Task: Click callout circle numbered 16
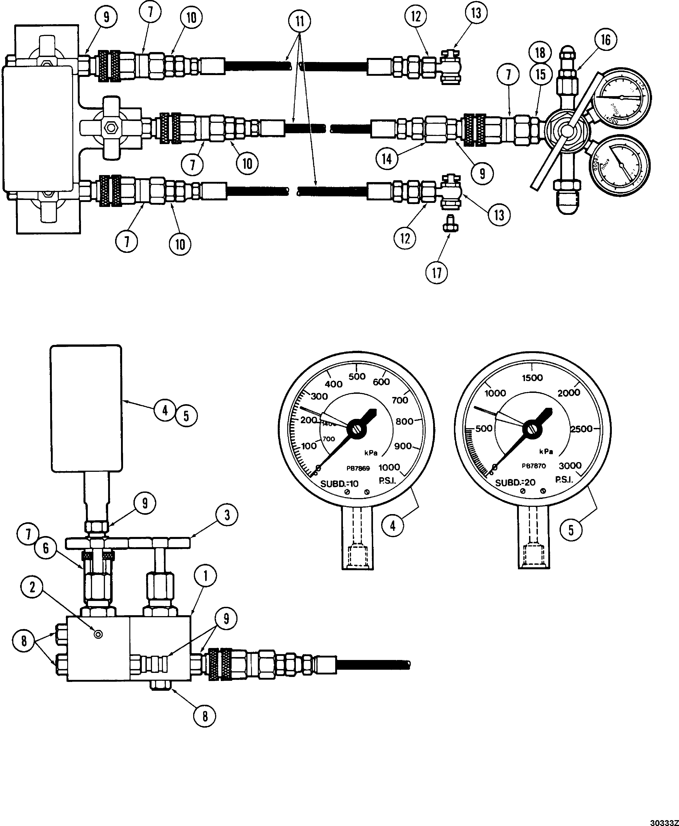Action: point(605,40)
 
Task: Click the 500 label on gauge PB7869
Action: point(357,376)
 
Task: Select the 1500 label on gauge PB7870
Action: point(532,377)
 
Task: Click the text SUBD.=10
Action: point(339,484)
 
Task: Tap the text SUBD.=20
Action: point(515,483)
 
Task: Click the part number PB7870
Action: point(534,466)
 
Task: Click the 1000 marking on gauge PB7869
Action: point(389,467)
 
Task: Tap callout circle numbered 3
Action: point(227,515)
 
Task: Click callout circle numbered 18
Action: point(540,52)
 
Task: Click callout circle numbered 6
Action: point(46,548)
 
